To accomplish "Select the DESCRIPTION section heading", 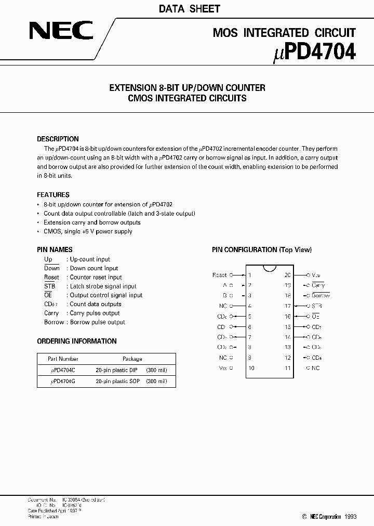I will click(58, 139).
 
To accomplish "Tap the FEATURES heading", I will click(53, 195).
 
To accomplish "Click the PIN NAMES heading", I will click(55, 249).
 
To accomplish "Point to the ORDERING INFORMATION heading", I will click(77, 341).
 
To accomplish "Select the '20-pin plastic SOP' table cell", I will click(117, 381).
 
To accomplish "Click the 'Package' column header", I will click(132, 359).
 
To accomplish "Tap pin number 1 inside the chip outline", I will click(250, 275).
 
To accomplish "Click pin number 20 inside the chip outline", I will click(287, 275).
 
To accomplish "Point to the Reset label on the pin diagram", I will click(220, 275).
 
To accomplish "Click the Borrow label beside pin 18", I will click(320, 295).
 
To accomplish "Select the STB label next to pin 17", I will click(316, 306).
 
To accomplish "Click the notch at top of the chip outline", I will click(269, 268).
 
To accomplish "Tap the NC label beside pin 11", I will click(315, 368).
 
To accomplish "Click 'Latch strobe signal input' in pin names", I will click(103, 286).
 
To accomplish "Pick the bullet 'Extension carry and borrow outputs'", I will click(92, 222).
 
